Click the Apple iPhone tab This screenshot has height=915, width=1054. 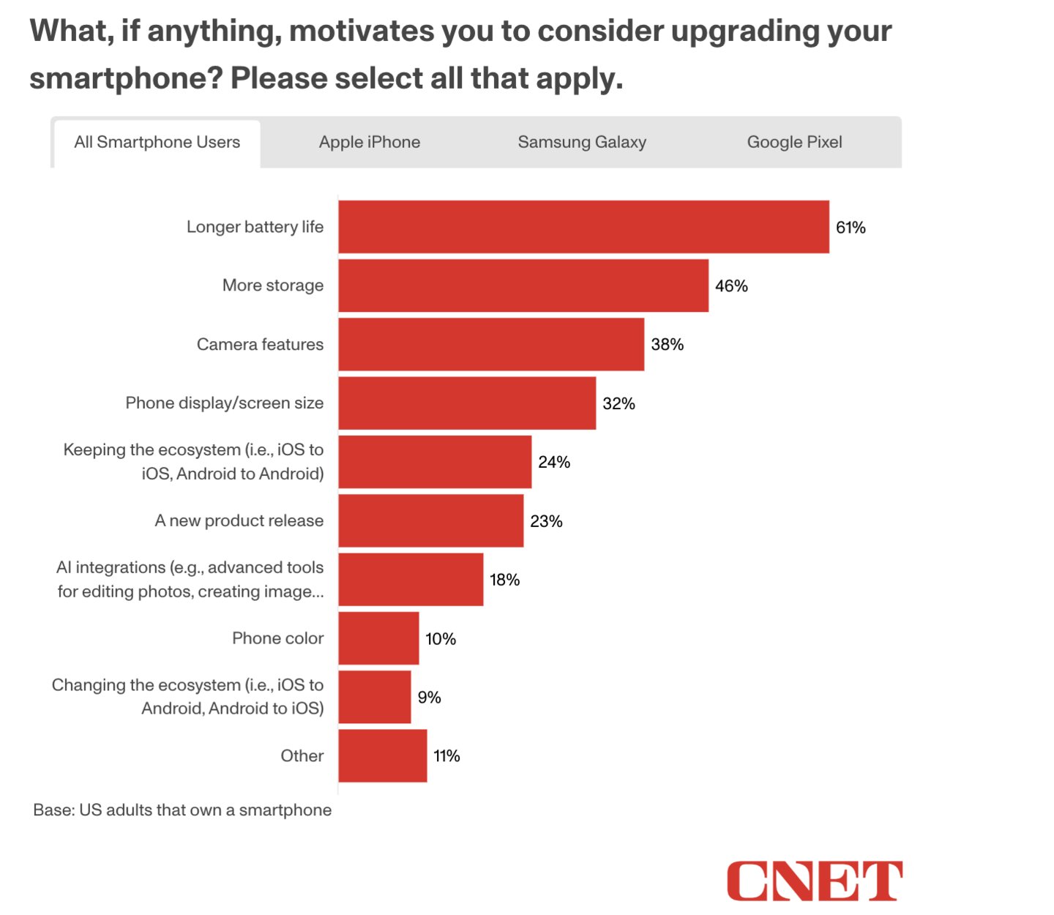click(370, 142)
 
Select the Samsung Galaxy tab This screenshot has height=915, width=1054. click(582, 142)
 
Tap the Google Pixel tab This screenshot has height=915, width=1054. click(794, 142)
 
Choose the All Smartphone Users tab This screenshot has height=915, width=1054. click(157, 142)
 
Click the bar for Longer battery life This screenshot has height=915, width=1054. click(583, 227)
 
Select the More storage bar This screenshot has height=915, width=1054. click(523, 285)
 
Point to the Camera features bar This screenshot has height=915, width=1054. click(491, 344)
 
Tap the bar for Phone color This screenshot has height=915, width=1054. click(378, 638)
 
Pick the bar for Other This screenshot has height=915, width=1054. click(382, 755)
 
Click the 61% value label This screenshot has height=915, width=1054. click(851, 228)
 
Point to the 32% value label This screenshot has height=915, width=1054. click(618, 403)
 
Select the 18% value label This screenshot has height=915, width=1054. click(504, 580)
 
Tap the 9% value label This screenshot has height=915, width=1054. click(429, 698)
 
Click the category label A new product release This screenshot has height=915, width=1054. click(239, 520)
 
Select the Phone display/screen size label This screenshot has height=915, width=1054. click(224, 403)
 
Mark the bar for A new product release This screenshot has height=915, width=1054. click(430, 520)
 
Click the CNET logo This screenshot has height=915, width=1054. click(814, 881)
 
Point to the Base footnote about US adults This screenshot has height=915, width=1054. click(182, 810)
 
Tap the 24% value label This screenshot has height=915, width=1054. click(554, 462)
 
